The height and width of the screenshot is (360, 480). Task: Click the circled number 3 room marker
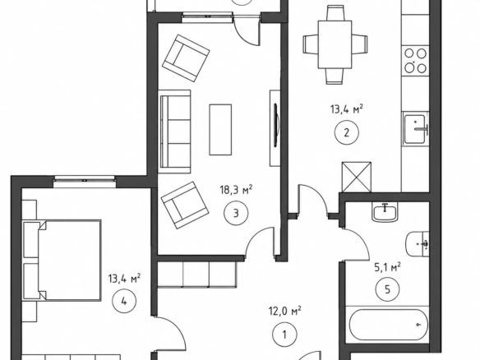click(236, 214)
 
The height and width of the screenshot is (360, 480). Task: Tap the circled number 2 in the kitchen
click(347, 133)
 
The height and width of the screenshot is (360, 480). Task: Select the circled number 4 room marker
click(124, 302)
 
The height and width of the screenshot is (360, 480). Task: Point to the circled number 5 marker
click(387, 289)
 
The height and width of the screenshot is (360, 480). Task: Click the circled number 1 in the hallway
click(284, 335)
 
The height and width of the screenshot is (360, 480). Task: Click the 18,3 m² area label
click(236, 190)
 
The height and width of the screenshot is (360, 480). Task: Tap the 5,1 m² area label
click(388, 267)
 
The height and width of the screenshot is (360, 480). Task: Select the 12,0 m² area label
click(284, 311)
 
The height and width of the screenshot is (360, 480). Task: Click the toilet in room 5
click(418, 244)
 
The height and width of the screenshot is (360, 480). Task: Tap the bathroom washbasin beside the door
click(385, 212)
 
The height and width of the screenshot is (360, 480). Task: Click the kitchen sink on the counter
click(415, 129)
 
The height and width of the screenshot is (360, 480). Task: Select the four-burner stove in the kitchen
click(415, 61)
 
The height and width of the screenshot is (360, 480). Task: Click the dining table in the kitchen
click(335, 44)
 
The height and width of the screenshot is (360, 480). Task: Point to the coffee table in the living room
click(220, 130)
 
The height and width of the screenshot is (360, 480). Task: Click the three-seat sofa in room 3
click(175, 132)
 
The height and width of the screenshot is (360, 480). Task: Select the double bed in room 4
click(62, 261)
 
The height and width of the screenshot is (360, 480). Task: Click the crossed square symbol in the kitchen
click(357, 178)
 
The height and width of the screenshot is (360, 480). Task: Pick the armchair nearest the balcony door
click(186, 58)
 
